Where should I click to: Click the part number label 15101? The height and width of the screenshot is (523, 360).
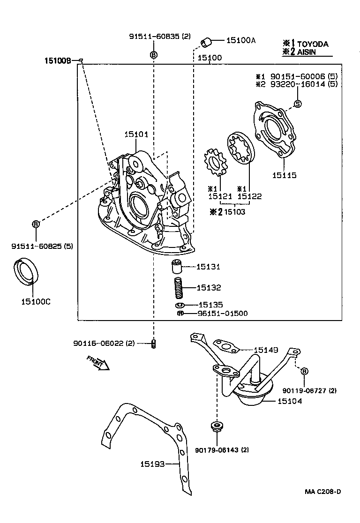pos(136,134)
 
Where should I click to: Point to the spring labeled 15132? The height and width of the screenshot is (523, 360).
pos(178,288)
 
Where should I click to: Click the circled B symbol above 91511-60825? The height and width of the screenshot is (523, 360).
pos(36,224)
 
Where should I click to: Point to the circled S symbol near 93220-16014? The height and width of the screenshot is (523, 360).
pos(297,104)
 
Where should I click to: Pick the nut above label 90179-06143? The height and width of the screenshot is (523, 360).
pos(217,426)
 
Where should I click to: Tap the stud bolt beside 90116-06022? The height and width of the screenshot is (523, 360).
pos(153,344)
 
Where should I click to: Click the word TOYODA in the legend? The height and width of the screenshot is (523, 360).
pos(313,45)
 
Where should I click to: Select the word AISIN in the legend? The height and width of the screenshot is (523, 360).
pos(307,52)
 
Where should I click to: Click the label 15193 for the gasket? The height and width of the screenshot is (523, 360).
pos(152,464)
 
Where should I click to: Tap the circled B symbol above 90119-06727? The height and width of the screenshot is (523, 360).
pos(304,371)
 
